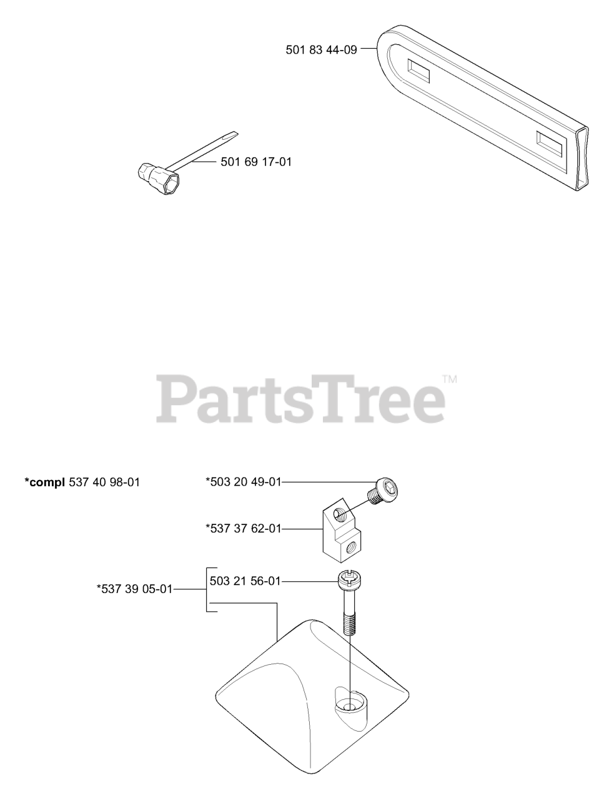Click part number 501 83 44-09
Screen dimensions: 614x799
click(x=321, y=49)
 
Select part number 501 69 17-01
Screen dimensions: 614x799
click(x=256, y=162)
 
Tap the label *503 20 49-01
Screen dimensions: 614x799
click(x=243, y=481)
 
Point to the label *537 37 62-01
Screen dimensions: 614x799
click(x=243, y=529)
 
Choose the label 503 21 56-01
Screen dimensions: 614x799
click(x=245, y=581)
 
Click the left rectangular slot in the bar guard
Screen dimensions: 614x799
click(x=418, y=70)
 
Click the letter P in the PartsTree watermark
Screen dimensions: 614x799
click(x=175, y=398)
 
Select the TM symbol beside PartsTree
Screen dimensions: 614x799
click(x=450, y=379)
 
